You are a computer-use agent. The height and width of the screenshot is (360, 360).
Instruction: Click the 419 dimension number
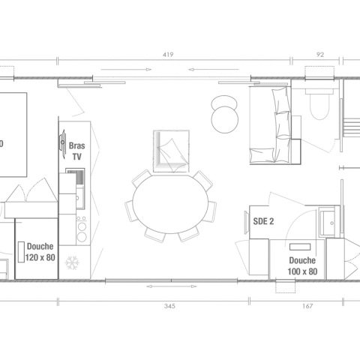[168, 55]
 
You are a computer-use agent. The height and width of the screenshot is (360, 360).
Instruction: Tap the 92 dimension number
[320, 55]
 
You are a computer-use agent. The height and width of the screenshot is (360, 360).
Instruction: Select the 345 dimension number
[169, 306]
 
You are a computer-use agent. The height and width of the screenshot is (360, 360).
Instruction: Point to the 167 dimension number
[307, 306]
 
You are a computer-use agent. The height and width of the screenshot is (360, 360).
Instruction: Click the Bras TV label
[76, 151]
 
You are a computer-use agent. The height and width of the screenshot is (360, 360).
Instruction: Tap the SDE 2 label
[263, 221]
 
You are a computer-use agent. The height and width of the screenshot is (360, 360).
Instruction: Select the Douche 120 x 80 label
[40, 252]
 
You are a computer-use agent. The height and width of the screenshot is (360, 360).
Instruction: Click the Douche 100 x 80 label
[302, 266]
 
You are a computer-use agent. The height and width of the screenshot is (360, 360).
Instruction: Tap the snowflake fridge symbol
[72, 262]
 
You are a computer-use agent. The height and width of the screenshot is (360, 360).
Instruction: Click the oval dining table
[170, 204]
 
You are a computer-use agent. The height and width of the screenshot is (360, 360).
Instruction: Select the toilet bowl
[319, 105]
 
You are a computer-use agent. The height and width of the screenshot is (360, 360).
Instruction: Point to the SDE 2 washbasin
[329, 223]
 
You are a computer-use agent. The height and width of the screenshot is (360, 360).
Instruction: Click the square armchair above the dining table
[171, 151]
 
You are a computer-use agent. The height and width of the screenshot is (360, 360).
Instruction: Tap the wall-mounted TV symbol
[62, 143]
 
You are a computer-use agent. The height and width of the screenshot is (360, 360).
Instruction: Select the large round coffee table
[225, 119]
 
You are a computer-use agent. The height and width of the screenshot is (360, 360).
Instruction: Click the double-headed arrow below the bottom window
[172, 286]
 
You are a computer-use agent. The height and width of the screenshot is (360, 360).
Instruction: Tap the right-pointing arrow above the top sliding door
[126, 70]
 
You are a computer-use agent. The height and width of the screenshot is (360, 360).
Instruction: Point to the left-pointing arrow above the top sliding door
[214, 70]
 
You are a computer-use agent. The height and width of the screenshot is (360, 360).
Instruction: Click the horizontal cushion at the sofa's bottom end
[262, 155]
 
